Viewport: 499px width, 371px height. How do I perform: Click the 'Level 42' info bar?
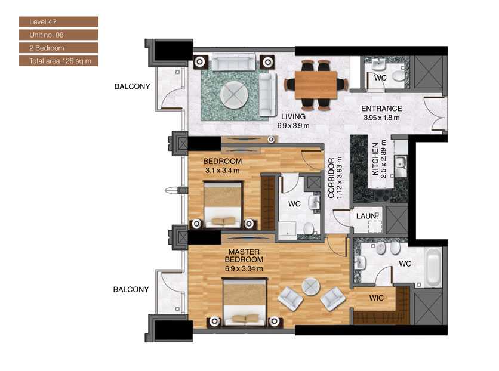58,22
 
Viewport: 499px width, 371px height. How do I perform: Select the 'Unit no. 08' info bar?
58,35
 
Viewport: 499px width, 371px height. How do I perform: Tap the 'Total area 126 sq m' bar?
58,60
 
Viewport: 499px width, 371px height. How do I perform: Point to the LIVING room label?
293,116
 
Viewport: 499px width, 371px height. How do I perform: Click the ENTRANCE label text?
382,109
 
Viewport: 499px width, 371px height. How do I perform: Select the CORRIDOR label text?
331,178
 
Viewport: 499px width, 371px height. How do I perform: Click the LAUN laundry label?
366,216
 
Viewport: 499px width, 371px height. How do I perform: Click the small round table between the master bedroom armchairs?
310,286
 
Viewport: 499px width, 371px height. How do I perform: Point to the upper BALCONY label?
132,86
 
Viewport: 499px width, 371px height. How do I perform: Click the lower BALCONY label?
131,289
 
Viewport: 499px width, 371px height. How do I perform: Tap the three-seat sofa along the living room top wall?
233,61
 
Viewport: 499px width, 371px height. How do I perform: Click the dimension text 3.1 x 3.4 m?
221,170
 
